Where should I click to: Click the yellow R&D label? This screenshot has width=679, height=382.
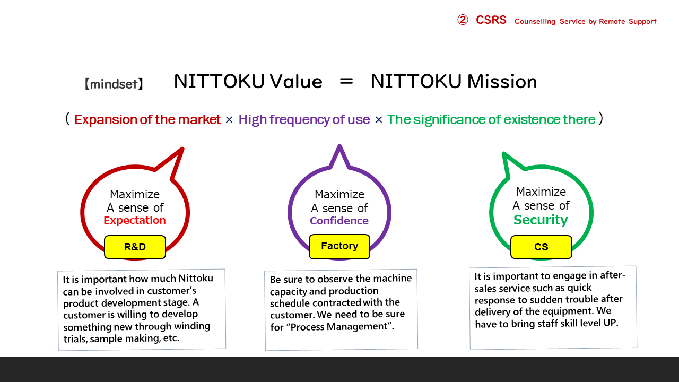point(135,247)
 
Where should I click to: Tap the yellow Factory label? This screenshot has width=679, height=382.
point(339,247)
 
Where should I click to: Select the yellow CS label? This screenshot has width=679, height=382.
point(541,247)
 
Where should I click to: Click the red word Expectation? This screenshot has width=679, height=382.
point(135,220)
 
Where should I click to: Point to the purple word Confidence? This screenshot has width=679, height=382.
point(339,221)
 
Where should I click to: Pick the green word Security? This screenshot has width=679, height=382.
point(541,220)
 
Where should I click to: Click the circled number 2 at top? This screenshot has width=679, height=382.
point(463,20)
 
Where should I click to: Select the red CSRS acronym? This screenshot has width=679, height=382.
point(491,20)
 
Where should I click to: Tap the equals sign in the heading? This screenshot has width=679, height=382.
point(346,81)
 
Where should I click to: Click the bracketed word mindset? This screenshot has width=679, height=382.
point(114,84)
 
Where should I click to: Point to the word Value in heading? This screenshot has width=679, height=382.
point(296,81)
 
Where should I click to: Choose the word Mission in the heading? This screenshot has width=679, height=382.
point(502,81)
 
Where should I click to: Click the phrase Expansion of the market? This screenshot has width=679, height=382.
point(147,119)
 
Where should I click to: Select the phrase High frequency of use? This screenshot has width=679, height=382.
point(304,120)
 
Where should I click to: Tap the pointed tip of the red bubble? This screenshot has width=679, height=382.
point(183,148)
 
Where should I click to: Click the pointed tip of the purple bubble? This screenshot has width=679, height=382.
point(339,145)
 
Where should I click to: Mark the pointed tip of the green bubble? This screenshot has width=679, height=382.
point(503,153)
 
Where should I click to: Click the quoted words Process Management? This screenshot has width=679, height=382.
point(339,327)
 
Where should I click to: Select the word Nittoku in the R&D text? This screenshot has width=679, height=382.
point(196,279)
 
